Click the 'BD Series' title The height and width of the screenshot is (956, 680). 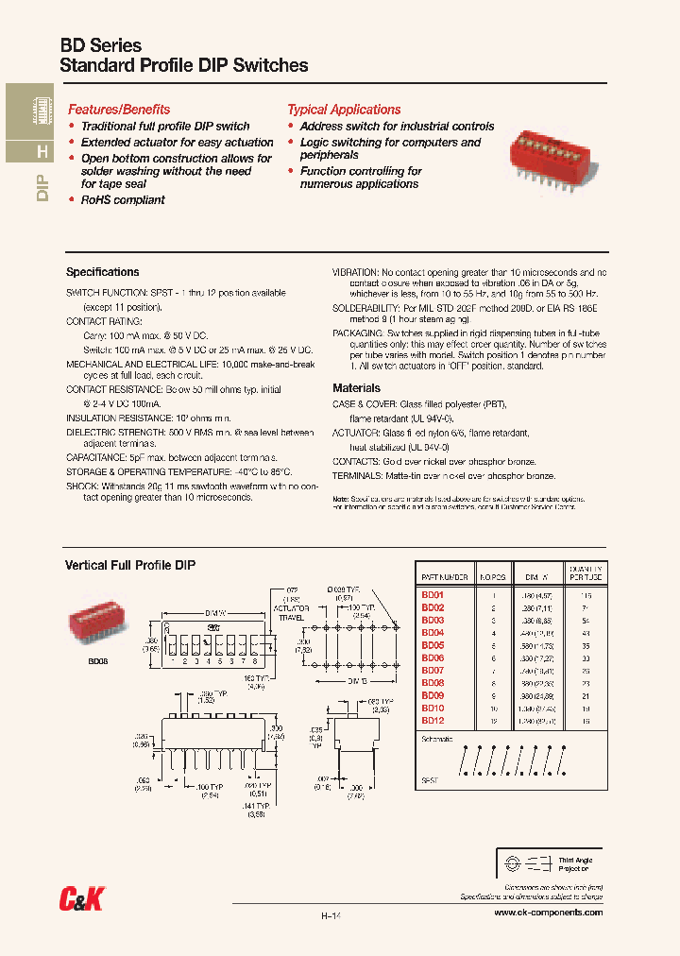coord(100,45)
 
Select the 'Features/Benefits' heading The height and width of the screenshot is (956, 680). coord(119,110)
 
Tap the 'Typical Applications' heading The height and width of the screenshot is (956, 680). coord(344,110)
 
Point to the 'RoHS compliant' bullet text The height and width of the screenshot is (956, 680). coord(123,200)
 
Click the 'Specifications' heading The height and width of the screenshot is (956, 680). coord(102,272)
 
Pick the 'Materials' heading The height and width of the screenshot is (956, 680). coord(356,388)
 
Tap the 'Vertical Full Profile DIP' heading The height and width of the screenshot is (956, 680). coord(129,565)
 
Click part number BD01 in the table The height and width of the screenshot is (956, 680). coord(433,595)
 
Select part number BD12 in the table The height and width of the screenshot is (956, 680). coord(433,720)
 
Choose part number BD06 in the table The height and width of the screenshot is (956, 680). coord(433,657)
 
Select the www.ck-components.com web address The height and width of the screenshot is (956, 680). coord(549,913)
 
